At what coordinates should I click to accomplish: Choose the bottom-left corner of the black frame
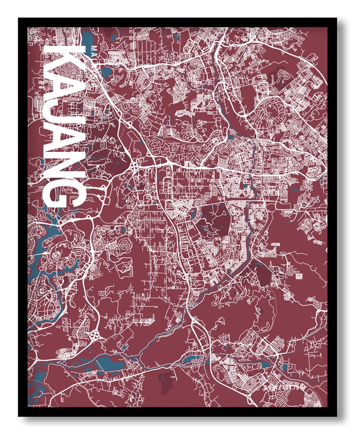[x=20, y=415]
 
